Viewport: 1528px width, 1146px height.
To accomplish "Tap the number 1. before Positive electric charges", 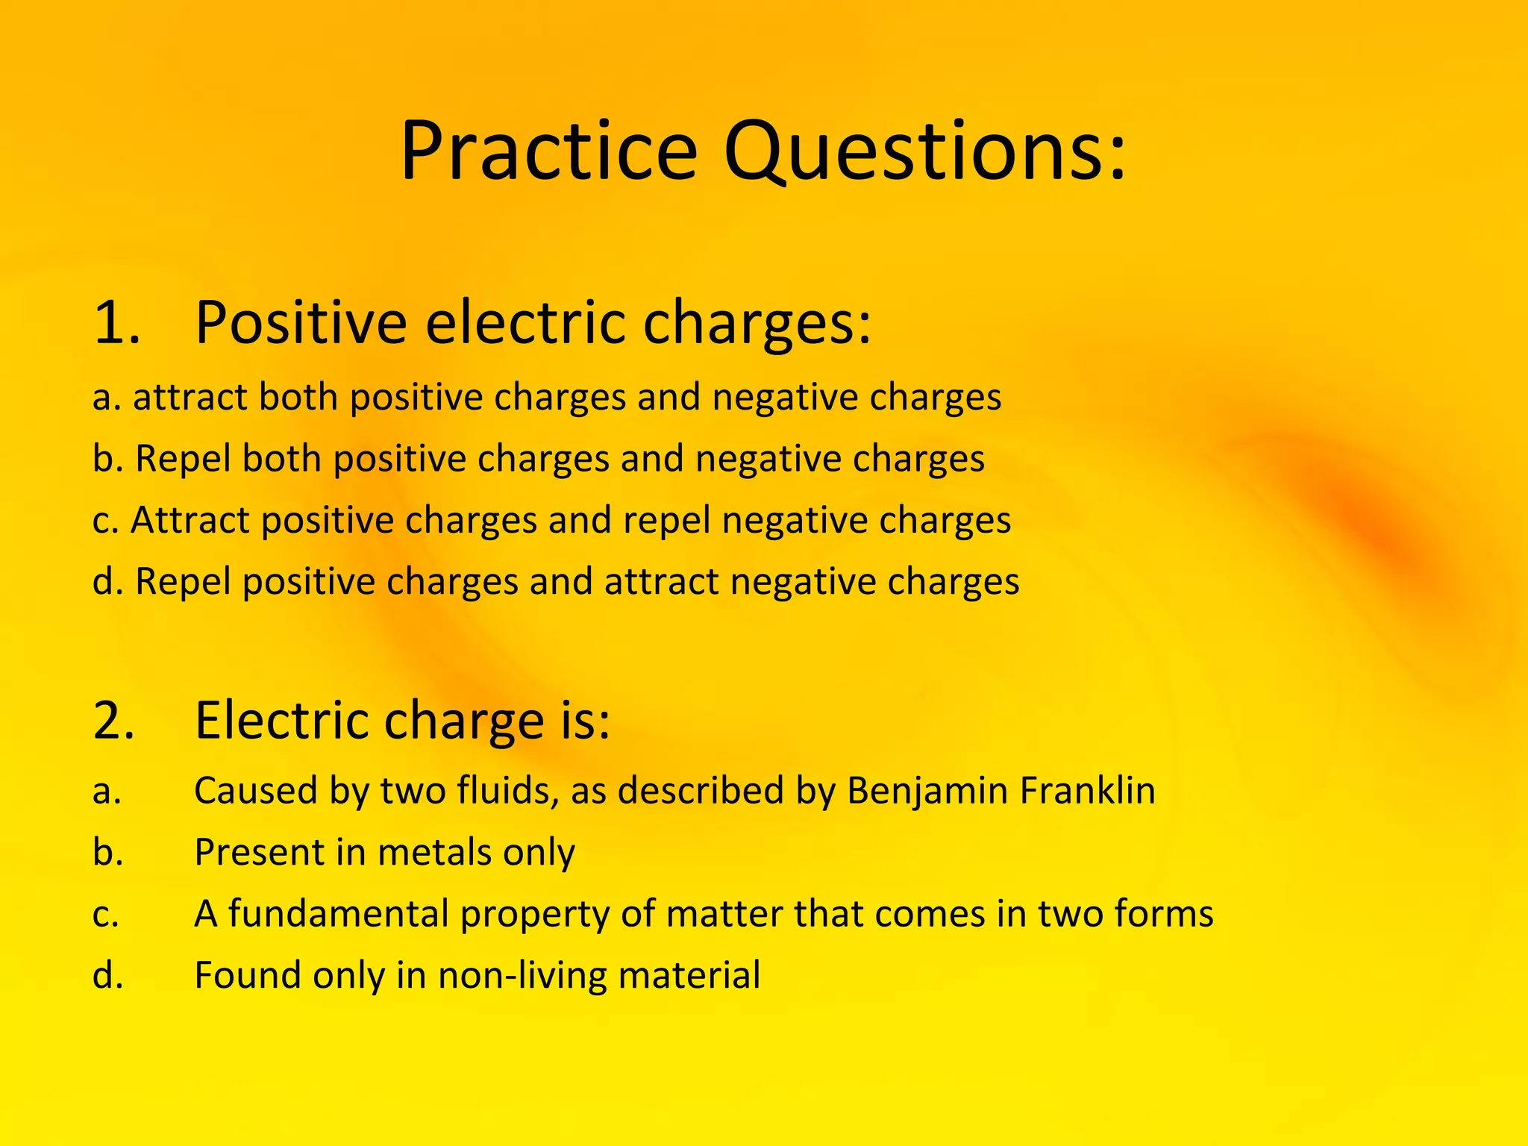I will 117,323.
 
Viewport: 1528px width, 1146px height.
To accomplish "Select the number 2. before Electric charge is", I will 115,721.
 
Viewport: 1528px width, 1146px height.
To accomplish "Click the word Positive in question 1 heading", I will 301,323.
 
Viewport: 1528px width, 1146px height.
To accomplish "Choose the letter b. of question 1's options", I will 107,458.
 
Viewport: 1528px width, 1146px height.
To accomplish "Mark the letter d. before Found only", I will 107,975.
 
